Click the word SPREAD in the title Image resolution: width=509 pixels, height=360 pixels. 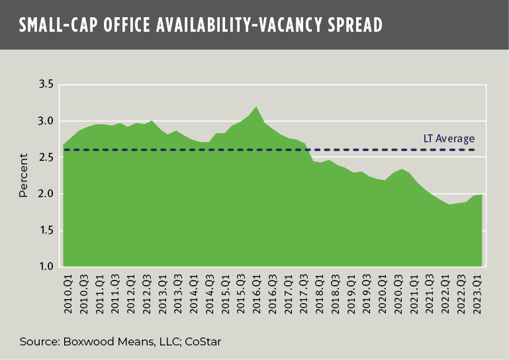click(350, 25)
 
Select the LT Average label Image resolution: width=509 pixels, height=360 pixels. click(449, 139)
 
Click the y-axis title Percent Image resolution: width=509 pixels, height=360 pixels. click(24, 175)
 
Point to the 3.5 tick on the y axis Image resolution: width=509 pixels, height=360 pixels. click(46, 85)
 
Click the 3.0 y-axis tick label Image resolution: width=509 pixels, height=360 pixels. click(46, 121)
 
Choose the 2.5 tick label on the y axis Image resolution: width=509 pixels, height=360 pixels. click(46, 157)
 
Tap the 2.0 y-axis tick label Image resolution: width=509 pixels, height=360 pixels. click(46, 194)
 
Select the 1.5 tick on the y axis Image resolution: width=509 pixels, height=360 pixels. click(46, 230)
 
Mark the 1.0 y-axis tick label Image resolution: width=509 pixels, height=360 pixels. click(46, 267)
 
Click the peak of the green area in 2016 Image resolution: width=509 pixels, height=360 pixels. click(256, 107)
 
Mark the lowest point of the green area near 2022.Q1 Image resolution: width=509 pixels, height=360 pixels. click(448, 204)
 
